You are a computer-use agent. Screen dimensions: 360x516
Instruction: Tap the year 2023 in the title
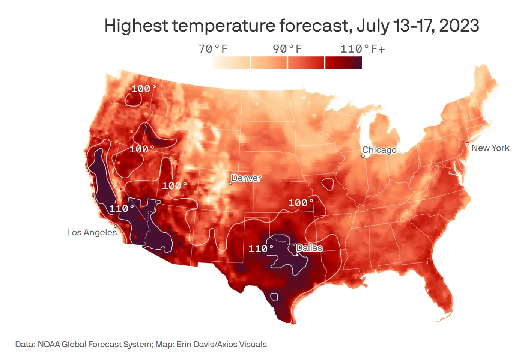pos(459,26)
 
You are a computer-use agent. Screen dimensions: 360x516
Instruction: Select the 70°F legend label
pos(213,49)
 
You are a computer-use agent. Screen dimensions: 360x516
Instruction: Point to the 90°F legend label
pos(287,49)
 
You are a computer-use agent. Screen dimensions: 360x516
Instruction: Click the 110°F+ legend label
pos(363,49)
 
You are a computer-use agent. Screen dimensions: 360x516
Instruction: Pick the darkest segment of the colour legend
pos(343,63)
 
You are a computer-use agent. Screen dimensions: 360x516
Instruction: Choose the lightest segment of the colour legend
pos(231,63)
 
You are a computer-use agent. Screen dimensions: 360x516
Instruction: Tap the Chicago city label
pos(379,150)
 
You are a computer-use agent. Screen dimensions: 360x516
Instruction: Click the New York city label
pos(490,148)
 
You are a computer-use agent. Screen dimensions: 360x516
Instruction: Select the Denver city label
pos(246,178)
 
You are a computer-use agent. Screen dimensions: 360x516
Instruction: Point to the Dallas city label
pos(309,248)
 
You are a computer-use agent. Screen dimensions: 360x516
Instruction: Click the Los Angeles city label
pos(92,232)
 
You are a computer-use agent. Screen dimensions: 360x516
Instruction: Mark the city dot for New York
pos(468,144)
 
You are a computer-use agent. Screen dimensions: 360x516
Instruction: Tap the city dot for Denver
pos(230,184)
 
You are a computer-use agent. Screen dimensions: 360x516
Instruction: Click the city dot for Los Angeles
pos(116,226)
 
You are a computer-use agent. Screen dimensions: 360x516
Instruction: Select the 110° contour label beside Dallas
pos(261,249)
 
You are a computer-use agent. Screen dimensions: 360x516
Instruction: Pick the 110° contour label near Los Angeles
pos(122,208)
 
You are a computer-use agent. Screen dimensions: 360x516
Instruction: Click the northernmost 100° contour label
pos(143,89)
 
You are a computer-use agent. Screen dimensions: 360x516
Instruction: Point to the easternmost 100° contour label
pos(301,203)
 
